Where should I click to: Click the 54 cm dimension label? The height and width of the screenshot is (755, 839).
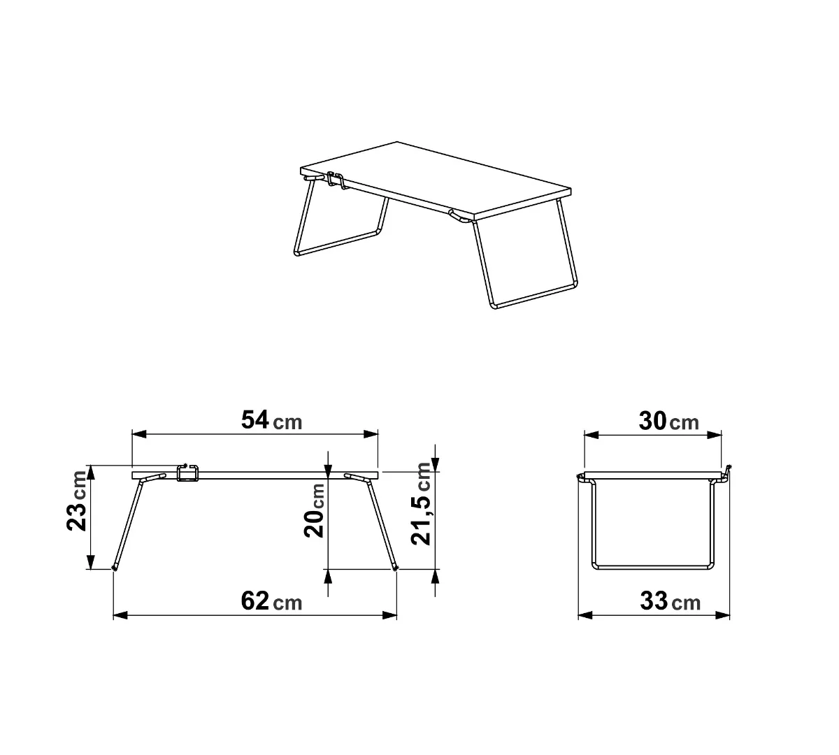[x=271, y=421]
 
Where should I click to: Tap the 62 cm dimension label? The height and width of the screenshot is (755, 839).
[x=271, y=601]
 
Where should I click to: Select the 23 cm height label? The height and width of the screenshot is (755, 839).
[x=79, y=501]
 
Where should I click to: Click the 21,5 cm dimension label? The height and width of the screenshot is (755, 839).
[x=422, y=503]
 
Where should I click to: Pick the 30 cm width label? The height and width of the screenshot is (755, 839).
[x=668, y=421]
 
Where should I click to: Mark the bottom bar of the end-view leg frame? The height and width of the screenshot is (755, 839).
[x=653, y=566]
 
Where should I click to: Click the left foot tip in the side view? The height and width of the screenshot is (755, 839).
[x=115, y=568]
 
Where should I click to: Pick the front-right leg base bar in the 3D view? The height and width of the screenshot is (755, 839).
[x=535, y=296]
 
